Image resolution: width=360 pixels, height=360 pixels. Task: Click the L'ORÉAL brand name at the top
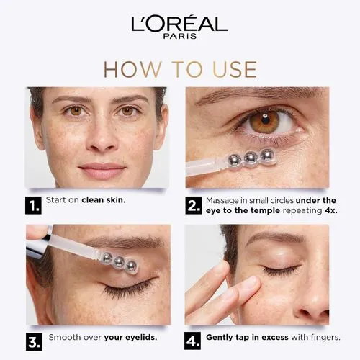click(179, 23)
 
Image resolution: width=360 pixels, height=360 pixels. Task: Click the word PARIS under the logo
click(180, 37)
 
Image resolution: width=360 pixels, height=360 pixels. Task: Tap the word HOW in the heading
click(130, 69)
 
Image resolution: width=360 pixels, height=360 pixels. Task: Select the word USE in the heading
click(232, 69)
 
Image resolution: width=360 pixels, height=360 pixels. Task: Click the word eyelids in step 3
click(139, 337)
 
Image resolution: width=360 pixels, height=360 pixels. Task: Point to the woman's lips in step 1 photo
click(102, 170)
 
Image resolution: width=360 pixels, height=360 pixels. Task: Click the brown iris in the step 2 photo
click(264, 122)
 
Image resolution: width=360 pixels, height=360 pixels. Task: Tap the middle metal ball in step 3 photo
click(117, 262)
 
